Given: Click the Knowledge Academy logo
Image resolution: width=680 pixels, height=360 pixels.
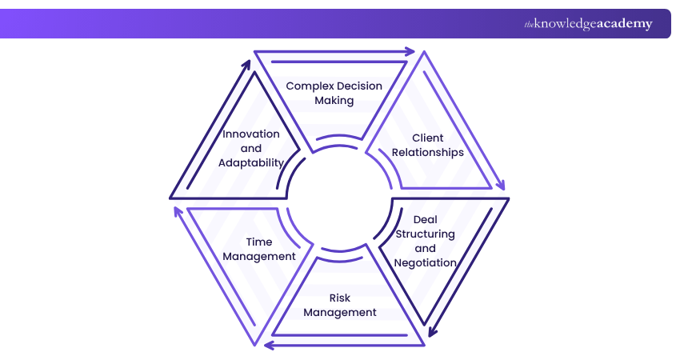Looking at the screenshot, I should (588, 24).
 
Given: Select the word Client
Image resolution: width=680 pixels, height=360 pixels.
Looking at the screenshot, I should (427, 138).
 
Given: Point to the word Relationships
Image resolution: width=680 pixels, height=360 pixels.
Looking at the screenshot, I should (427, 152).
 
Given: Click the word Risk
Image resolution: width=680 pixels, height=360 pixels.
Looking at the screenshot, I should (340, 298).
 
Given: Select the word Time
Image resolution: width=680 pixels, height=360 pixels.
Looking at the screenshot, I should (259, 242).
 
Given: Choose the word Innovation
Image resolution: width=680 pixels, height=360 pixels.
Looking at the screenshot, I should (251, 134).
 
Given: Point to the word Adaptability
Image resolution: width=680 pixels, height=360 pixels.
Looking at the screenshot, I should (251, 162).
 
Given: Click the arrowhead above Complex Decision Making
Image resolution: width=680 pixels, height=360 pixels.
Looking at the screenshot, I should (410, 52).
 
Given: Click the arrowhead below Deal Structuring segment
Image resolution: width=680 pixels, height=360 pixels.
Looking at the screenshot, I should (433, 329).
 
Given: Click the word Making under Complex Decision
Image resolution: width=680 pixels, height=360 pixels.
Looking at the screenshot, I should (334, 101).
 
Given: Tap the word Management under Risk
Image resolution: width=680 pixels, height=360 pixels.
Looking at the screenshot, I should (340, 312).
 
